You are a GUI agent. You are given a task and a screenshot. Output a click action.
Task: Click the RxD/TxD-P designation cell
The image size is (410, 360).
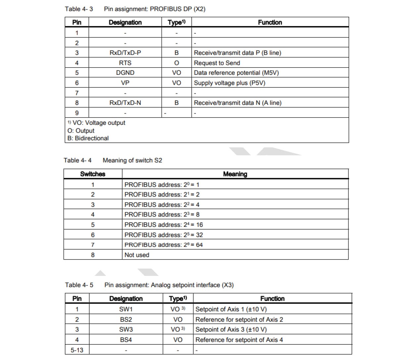click(125, 53)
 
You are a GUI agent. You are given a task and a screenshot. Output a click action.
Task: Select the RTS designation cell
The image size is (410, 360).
click(125, 63)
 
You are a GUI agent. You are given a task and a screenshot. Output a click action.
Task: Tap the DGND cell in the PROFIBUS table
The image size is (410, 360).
click(125, 73)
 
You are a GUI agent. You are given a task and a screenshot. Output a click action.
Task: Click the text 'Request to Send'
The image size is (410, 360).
click(217, 63)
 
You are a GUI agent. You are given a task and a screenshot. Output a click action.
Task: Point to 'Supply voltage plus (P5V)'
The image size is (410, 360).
click(229, 83)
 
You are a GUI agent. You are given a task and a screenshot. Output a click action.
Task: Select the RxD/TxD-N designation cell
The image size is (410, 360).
click(125, 103)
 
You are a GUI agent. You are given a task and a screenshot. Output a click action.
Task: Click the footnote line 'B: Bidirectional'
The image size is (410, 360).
click(88, 138)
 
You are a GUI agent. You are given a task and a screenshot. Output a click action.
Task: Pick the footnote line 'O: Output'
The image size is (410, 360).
click(81, 131)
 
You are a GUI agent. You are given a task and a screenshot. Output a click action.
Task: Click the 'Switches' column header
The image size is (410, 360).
click(93, 174)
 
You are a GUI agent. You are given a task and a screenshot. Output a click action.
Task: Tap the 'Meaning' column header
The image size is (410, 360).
click(235, 174)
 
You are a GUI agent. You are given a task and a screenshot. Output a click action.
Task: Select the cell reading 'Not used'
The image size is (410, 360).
click(137, 255)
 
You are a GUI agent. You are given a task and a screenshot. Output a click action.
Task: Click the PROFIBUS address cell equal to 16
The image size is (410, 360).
click(163, 225)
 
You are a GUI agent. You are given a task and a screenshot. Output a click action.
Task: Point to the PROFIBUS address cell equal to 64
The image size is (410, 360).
click(163, 245)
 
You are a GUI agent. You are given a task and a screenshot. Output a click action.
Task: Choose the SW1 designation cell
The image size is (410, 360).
click(126, 309)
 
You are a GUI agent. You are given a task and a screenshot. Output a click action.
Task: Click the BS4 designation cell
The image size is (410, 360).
click(126, 340)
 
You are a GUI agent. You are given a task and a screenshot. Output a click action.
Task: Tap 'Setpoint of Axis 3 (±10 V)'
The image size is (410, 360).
click(231, 330)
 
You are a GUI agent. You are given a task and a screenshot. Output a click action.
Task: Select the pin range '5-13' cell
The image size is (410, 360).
click(77, 350)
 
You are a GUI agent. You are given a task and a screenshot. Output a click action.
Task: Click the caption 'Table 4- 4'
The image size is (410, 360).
click(78, 161)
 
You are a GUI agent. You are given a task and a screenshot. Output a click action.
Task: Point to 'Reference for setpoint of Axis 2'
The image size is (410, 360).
click(239, 320)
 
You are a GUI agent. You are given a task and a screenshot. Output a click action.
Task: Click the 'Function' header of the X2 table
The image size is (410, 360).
click(270, 23)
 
